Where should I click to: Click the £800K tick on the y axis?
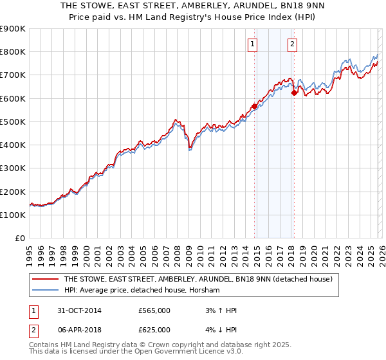point(14,52)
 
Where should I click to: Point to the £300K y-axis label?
point(14,168)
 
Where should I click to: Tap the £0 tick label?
point(20,239)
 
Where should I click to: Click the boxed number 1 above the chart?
point(252,44)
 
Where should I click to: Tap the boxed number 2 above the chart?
point(292,44)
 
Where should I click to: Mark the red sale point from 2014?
point(255,107)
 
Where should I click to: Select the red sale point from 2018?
point(294,93)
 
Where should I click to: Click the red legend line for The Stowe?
point(44,280)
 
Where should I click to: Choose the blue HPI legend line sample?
point(44,291)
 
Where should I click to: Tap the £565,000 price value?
point(154,310)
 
